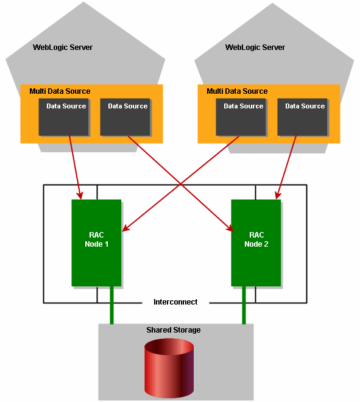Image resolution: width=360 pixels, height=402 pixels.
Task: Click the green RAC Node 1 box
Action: click(96, 242)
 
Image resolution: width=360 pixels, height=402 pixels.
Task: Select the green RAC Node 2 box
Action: click(256, 242)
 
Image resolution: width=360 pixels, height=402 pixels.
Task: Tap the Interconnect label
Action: click(175, 302)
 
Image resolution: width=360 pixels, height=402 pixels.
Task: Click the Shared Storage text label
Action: click(173, 330)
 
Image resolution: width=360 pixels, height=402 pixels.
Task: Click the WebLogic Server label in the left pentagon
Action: click(63, 47)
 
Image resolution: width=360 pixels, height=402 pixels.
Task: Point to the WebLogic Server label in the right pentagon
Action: click(255, 47)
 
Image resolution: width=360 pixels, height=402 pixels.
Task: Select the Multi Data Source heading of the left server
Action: click(60, 91)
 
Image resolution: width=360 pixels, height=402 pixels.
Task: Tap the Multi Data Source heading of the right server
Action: click(237, 91)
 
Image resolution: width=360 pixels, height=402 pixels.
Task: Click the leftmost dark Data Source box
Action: click(63, 116)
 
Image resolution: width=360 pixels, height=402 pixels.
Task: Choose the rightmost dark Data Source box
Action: click(302, 116)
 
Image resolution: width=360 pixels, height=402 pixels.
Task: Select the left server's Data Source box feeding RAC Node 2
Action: click(125, 116)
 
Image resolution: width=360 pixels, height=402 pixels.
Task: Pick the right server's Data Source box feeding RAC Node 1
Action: click(241, 116)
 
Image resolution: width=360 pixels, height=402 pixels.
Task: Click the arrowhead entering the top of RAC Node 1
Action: click(80, 195)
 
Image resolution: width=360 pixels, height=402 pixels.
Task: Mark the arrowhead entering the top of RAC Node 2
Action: click(277, 195)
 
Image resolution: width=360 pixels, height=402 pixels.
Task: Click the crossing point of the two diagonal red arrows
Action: click(179, 183)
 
